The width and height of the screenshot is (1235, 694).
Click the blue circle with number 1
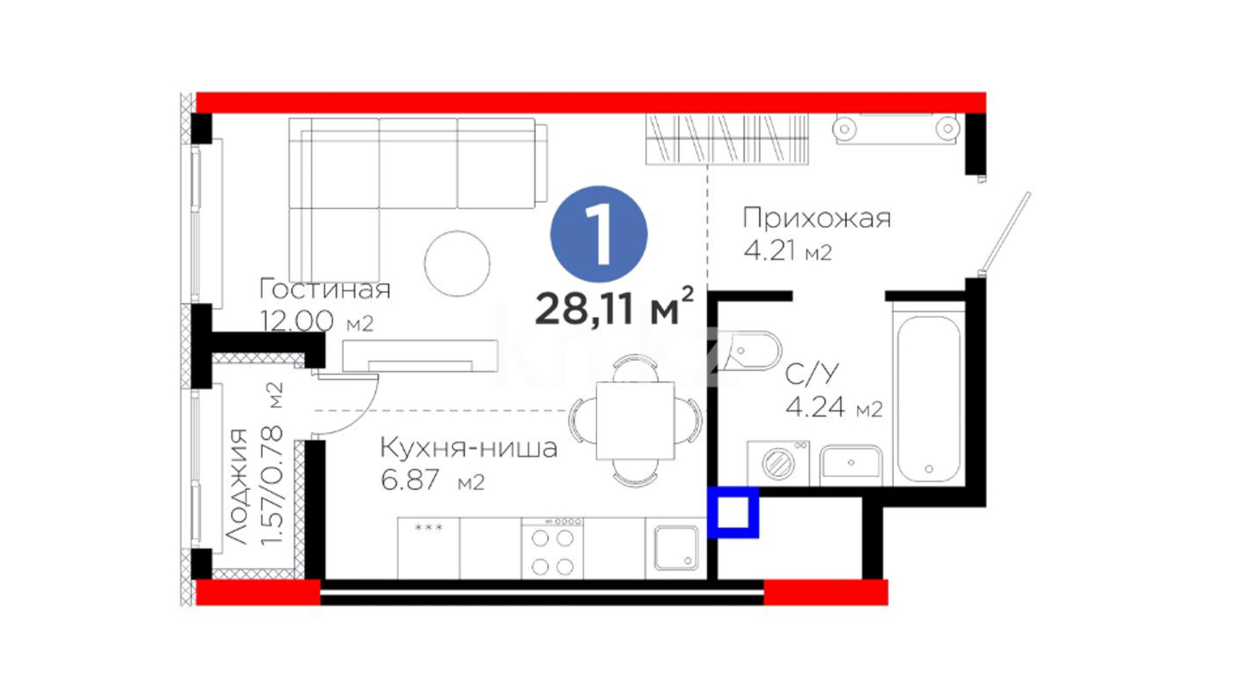pyautogui.click(x=599, y=234)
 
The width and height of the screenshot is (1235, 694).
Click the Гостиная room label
pyautogui.click(x=325, y=289)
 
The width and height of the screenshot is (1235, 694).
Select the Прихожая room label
pyautogui.click(x=817, y=218)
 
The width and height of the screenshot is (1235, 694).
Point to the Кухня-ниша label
pyautogui.click(x=468, y=448)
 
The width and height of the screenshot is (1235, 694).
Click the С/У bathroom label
pyautogui.click(x=812, y=373)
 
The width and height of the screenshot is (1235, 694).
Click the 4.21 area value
pyautogui.click(x=769, y=250)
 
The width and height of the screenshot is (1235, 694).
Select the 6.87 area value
pyautogui.click(x=410, y=480)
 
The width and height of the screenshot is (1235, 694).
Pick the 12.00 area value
pyautogui.click(x=297, y=321)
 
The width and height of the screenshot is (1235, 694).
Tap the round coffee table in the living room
pyautogui.click(x=457, y=263)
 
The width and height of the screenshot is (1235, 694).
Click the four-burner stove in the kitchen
pyautogui.click(x=553, y=548)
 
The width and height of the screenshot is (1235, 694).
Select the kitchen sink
pyautogui.click(x=676, y=548)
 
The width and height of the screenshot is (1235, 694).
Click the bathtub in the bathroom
pyautogui.click(x=929, y=398)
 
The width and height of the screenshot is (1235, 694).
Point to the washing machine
pyautogui.click(x=778, y=463)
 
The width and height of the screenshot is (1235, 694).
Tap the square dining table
pyautogui.click(x=636, y=421)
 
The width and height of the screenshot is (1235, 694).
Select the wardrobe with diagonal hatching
pyautogui.click(x=727, y=139)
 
